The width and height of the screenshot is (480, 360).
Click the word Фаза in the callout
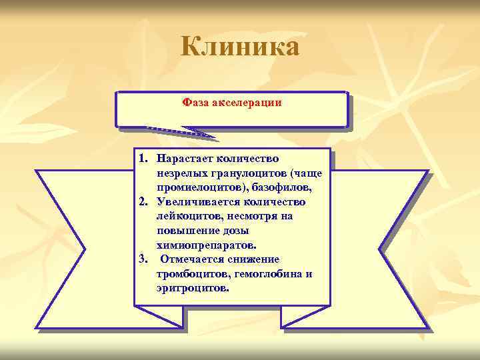click(x=195, y=103)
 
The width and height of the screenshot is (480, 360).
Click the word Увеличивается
click(x=193, y=202)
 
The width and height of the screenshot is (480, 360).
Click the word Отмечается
click(x=191, y=259)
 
